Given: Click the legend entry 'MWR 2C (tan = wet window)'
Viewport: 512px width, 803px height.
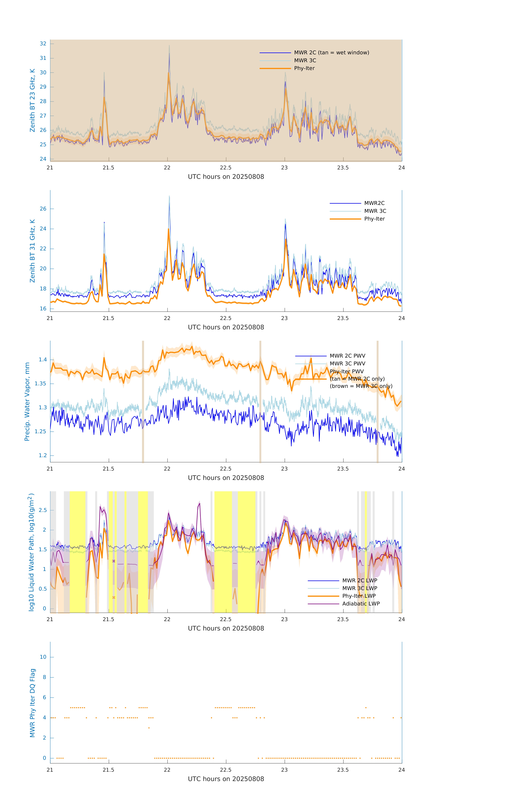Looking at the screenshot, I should (x=331, y=53).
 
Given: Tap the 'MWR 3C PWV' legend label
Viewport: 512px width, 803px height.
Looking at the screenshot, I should (x=347, y=363).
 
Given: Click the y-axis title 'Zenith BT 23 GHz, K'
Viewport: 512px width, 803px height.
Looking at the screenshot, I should (x=32, y=100).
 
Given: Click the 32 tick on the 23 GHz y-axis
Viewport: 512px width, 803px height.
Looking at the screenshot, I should (x=43, y=44).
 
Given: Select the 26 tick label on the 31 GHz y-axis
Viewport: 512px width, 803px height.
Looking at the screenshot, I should (x=43, y=209).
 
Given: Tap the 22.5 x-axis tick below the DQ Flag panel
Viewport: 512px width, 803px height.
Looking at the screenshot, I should (x=225, y=770).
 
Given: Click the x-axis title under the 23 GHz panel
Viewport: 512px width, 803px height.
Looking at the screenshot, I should (x=226, y=177).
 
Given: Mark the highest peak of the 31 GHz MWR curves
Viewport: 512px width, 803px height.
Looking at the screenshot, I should (x=169, y=197).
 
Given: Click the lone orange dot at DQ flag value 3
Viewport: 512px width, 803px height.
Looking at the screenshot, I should (x=149, y=728).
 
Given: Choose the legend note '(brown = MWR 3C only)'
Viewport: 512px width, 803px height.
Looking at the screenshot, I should (x=361, y=386).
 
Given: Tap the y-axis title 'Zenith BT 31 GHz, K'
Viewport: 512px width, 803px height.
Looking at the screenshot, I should (x=32, y=251).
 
